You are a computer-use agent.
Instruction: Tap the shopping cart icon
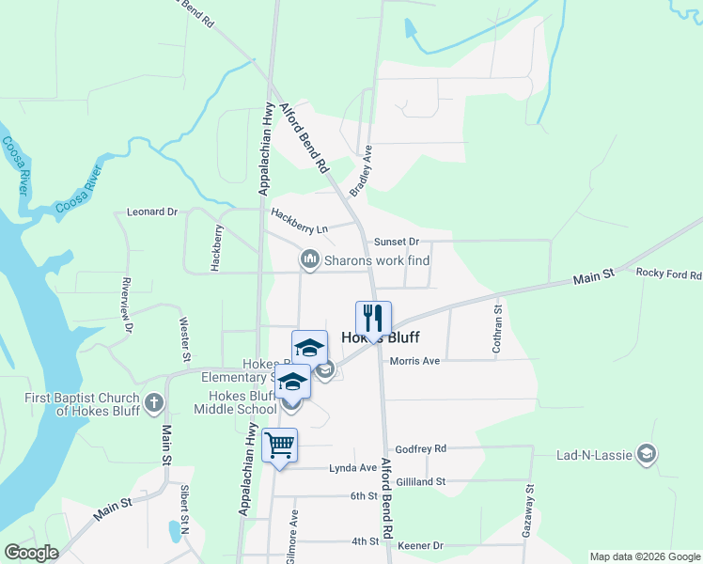280,445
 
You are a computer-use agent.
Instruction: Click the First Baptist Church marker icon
155,404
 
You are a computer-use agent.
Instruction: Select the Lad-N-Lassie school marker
646,455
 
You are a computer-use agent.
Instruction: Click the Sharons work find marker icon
308,258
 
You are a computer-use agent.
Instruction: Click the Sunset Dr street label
396,242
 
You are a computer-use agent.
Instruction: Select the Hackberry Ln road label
300,221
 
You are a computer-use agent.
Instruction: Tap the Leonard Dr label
152,212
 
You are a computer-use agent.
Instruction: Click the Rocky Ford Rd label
669,274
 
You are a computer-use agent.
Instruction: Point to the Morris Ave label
414,361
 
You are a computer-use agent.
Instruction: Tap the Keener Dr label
419,545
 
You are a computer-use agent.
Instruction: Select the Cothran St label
498,328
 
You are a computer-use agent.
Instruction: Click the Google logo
31,553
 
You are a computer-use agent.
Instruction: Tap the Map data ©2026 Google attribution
644,556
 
